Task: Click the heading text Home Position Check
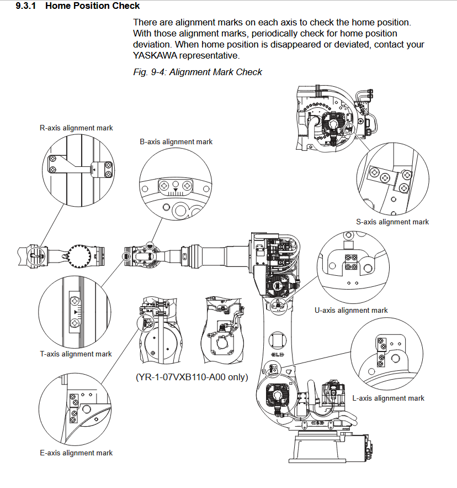[x=92, y=6]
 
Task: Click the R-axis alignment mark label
[x=76, y=128]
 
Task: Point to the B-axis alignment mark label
[x=176, y=141]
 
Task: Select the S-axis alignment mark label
[x=392, y=222]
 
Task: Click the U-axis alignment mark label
[x=351, y=310]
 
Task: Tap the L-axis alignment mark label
[x=388, y=398]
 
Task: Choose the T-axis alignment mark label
[x=76, y=354]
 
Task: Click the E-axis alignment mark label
[x=76, y=453]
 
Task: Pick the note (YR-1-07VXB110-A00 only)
[x=192, y=377]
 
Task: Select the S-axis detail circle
[x=392, y=180]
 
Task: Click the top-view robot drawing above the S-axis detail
[x=333, y=118]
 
